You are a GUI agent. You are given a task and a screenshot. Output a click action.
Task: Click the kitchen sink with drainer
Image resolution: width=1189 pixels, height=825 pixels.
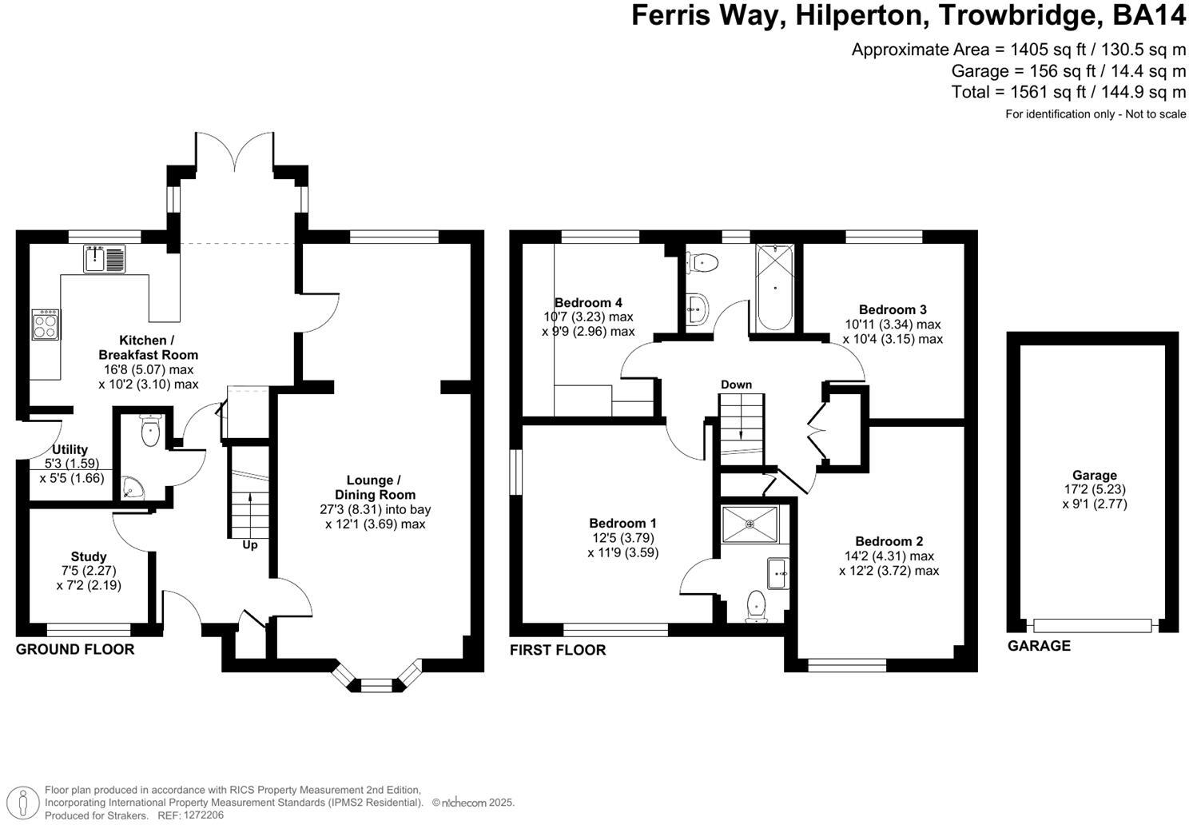coord(104,259)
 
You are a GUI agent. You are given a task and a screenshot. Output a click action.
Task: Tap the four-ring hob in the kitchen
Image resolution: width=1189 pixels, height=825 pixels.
coord(46,325)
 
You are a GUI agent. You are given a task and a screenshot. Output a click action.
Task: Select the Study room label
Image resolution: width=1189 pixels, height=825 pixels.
coord(89,556)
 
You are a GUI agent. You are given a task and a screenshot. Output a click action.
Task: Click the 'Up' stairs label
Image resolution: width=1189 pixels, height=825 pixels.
coord(250,545)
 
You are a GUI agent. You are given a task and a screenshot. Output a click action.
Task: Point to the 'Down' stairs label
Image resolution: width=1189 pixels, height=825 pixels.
coord(736,385)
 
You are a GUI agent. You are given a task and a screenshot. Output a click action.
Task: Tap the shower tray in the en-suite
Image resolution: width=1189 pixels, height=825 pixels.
coord(750,524)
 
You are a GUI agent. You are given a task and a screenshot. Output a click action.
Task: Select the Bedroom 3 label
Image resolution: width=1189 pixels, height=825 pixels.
coord(893,309)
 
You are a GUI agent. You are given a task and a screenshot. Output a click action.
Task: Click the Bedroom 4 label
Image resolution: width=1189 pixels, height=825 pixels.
coord(588,303)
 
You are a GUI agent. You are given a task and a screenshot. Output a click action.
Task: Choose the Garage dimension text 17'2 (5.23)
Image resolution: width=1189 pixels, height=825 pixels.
coord(1095,489)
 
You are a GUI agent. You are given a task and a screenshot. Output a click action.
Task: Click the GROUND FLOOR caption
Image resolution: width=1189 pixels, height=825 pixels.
coord(75,649)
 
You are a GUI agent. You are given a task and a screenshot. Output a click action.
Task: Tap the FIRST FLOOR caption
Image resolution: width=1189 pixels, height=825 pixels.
coord(558,651)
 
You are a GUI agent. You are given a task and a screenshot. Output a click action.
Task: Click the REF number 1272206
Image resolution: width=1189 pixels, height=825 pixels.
coord(203,815)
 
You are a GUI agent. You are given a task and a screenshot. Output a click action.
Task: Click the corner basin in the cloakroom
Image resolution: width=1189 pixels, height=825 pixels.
coord(132,488)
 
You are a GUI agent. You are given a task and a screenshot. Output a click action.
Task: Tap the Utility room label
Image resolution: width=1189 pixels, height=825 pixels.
coord(70,449)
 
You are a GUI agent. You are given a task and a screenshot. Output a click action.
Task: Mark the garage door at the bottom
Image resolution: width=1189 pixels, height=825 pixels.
coord(1092,626)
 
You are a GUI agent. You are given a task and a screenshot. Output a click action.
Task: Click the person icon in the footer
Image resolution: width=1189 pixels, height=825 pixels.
coord(22,802)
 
